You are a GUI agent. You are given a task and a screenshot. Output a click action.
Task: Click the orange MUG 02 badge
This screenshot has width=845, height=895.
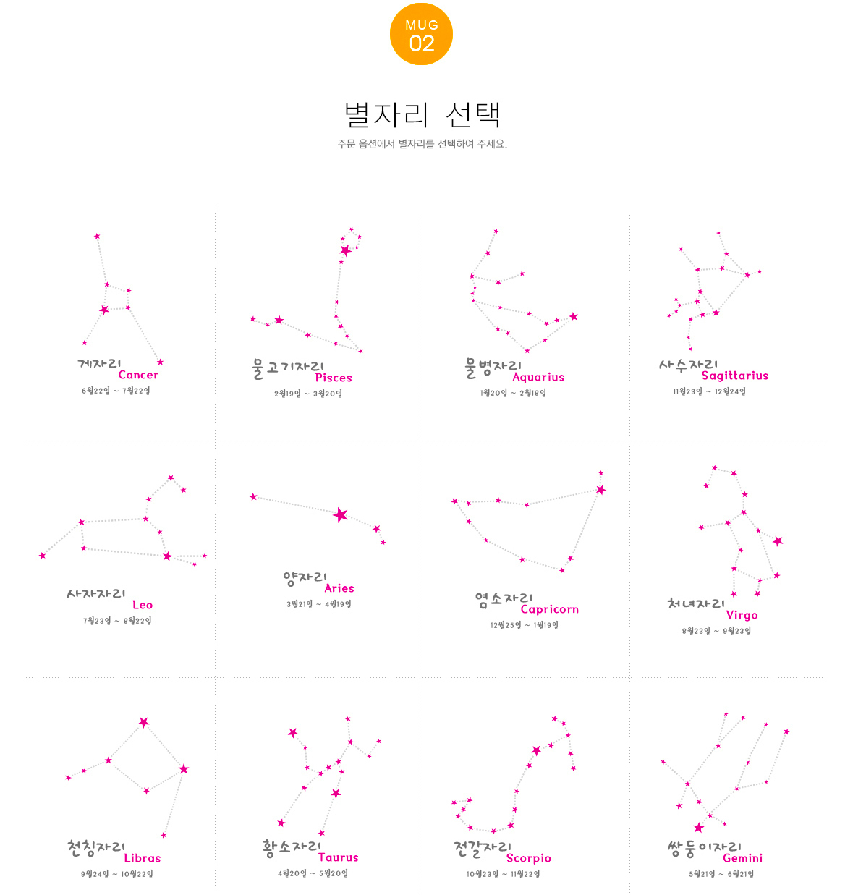[421, 34]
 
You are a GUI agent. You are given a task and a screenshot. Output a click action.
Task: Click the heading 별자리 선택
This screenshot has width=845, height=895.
[422, 115]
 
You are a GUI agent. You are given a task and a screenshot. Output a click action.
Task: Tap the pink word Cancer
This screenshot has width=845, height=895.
[138, 375]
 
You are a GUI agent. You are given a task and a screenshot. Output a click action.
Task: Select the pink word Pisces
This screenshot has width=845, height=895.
[334, 378]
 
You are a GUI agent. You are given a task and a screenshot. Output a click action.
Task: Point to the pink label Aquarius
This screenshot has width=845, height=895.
[538, 377]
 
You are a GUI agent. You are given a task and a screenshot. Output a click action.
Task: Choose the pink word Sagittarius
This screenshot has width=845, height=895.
[734, 376]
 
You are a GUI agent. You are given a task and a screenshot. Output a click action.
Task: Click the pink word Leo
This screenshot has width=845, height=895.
[143, 605]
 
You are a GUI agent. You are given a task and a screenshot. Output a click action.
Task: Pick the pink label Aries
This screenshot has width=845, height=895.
[339, 588]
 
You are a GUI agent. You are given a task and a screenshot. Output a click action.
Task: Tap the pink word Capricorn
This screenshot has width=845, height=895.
[549, 609]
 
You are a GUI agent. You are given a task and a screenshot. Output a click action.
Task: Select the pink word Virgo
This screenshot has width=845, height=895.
[742, 615]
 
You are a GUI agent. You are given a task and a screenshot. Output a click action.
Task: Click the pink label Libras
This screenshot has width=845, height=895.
[143, 858]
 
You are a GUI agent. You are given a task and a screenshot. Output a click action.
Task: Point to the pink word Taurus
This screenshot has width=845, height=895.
[338, 857]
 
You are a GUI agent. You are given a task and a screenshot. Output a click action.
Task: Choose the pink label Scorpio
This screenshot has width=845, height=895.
[528, 858]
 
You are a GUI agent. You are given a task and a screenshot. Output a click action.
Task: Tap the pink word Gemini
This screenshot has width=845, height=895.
[742, 858]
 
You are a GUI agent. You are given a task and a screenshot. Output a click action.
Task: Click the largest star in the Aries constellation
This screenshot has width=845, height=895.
[341, 515]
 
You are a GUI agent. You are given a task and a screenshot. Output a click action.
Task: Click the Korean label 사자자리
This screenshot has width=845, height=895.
[96, 594]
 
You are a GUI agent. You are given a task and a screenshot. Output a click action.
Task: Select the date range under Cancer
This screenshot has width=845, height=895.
[116, 391]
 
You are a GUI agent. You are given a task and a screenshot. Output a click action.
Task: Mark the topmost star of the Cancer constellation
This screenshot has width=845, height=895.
[97, 237]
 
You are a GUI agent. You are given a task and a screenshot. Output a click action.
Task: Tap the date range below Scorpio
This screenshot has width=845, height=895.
[503, 874]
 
